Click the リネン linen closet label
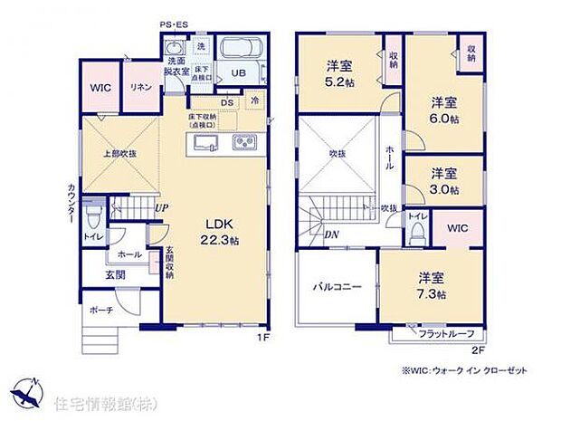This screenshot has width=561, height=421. pyautogui.click(x=140, y=86)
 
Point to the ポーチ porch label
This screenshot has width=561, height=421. pyautogui.click(x=100, y=311)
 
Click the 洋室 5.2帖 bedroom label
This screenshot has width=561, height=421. pyautogui.click(x=339, y=72)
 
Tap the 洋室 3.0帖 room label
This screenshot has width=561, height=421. pyautogui.click(x=443, y=180)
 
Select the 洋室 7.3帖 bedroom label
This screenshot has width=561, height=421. pyautogui.click(x=431, y=286)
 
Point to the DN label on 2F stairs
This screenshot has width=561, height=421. pyautogui.click(x=332, y=234)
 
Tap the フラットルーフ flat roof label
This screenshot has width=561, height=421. pyautogui.click(x=446, y=335)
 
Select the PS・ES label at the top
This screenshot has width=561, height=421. pyautogui.click(x=174, y=25)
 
